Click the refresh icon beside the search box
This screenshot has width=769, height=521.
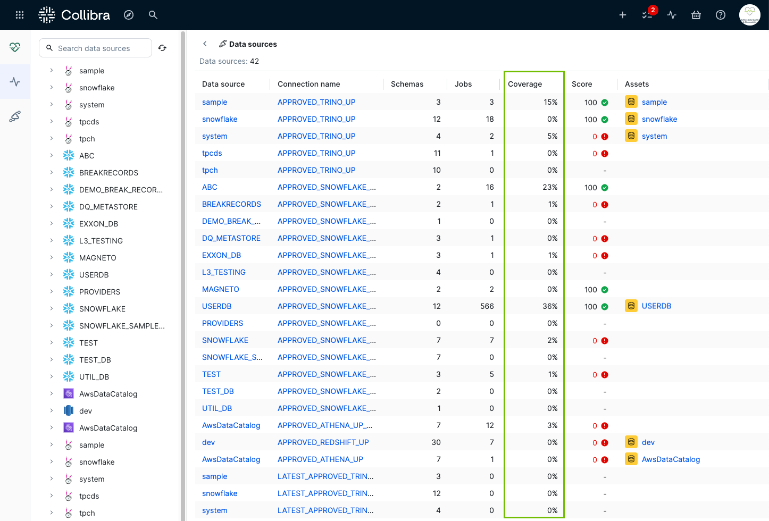(x=162, y=48)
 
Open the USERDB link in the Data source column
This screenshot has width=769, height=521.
(x=217, y=306)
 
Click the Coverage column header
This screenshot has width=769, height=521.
(x=525, y=84)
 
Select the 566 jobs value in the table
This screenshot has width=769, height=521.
(x=487, y=306)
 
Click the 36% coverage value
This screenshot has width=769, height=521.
(x=550, y=306)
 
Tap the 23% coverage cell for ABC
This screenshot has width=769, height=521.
(x=550, y=187)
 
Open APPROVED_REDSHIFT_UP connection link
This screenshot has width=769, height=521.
(x=323, y=442)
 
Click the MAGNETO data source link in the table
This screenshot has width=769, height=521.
(x=221, y=289)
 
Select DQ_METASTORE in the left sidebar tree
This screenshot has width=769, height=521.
(x=108, y=207)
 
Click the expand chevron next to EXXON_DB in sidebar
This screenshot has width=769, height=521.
(x=51, y=223)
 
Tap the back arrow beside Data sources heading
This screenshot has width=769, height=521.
(x=205, y=44)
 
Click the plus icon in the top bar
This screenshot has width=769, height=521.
(x=623, y=15)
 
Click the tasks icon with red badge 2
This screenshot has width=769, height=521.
(x=647, y=15)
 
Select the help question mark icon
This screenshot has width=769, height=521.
(x=721, y=15)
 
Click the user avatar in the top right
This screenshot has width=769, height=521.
(x=750, y=15)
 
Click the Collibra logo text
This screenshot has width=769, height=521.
(x=85, y=15)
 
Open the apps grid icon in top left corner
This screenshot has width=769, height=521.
(x=20, y=15)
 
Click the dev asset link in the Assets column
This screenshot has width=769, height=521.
(x=648, y=442)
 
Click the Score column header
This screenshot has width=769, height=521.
(x=582, y=84)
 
